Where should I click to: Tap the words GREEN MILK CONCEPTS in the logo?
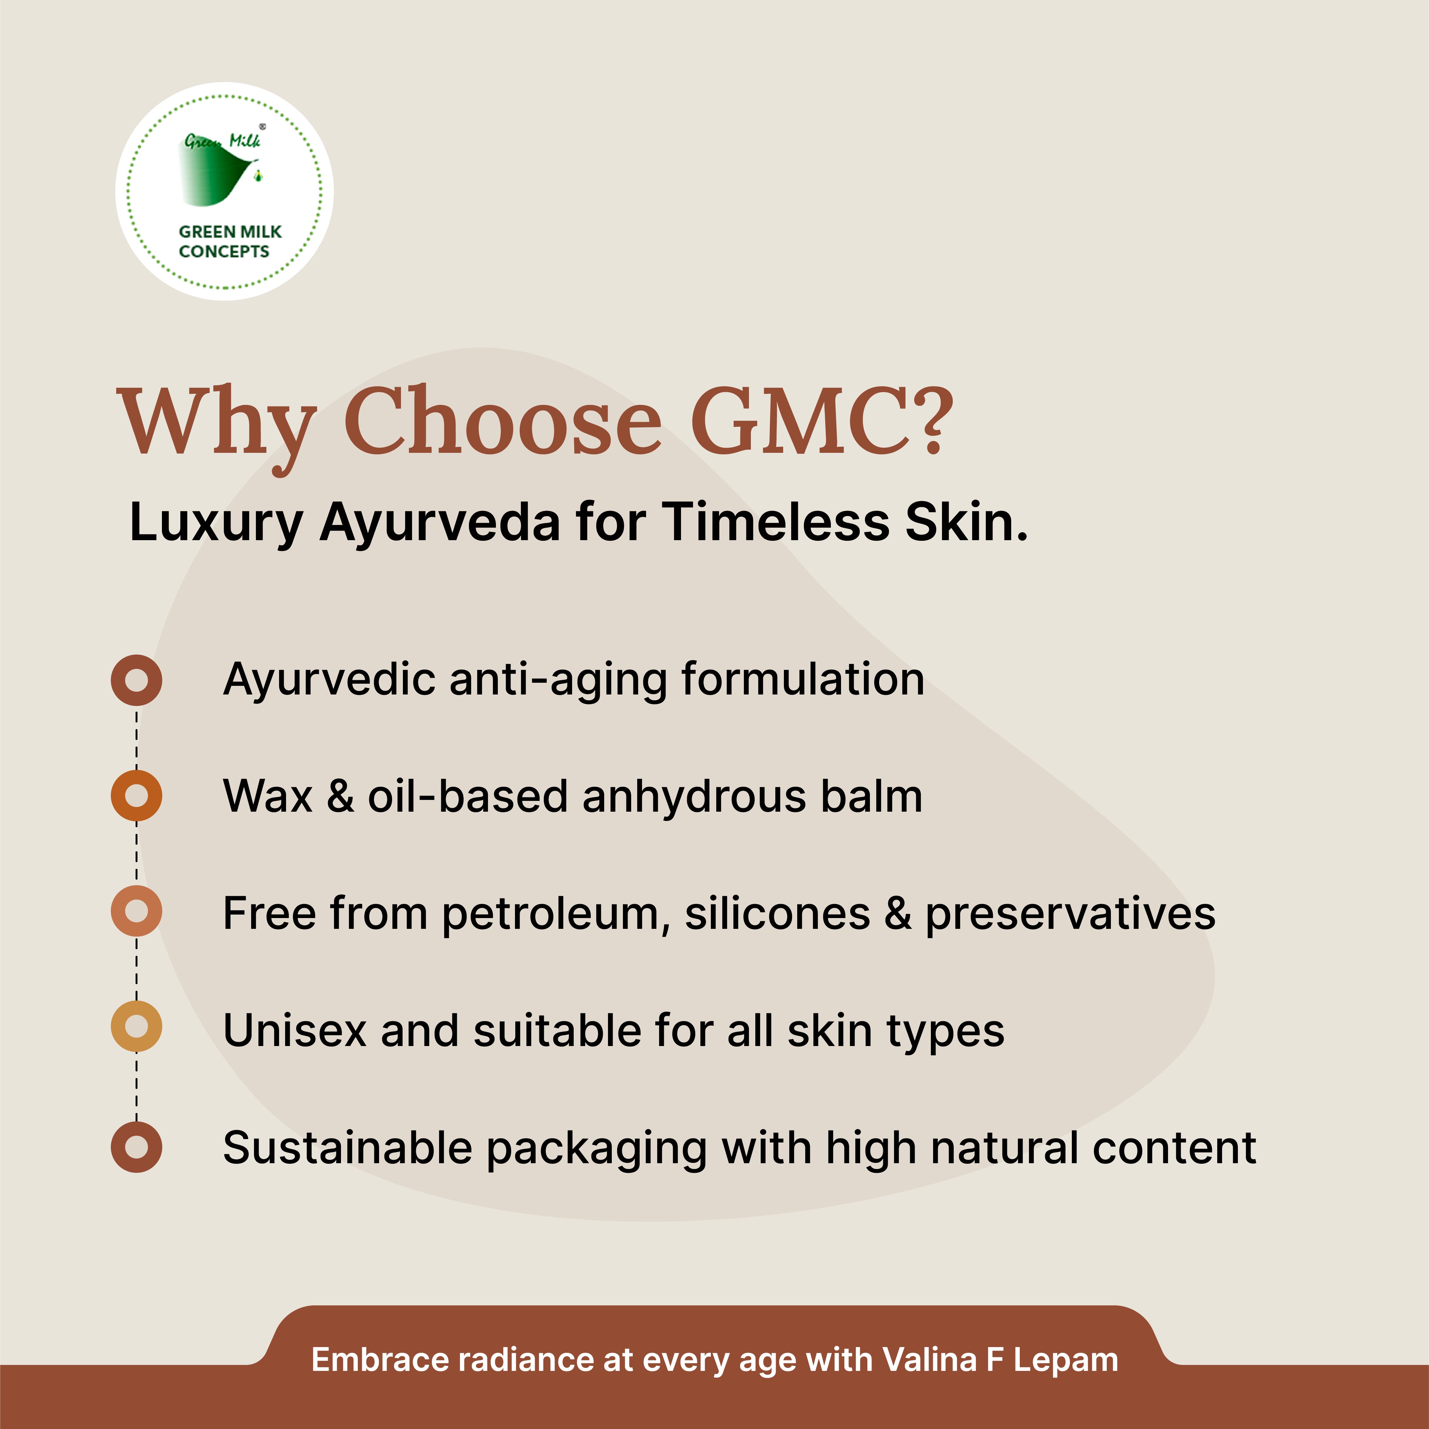pyautogui.click(x=229, y=241)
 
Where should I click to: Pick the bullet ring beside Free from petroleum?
pyautogui.click(x=136, y=910)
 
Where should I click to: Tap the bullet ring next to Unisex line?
pyautogui.click(x=136, y=1026)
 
